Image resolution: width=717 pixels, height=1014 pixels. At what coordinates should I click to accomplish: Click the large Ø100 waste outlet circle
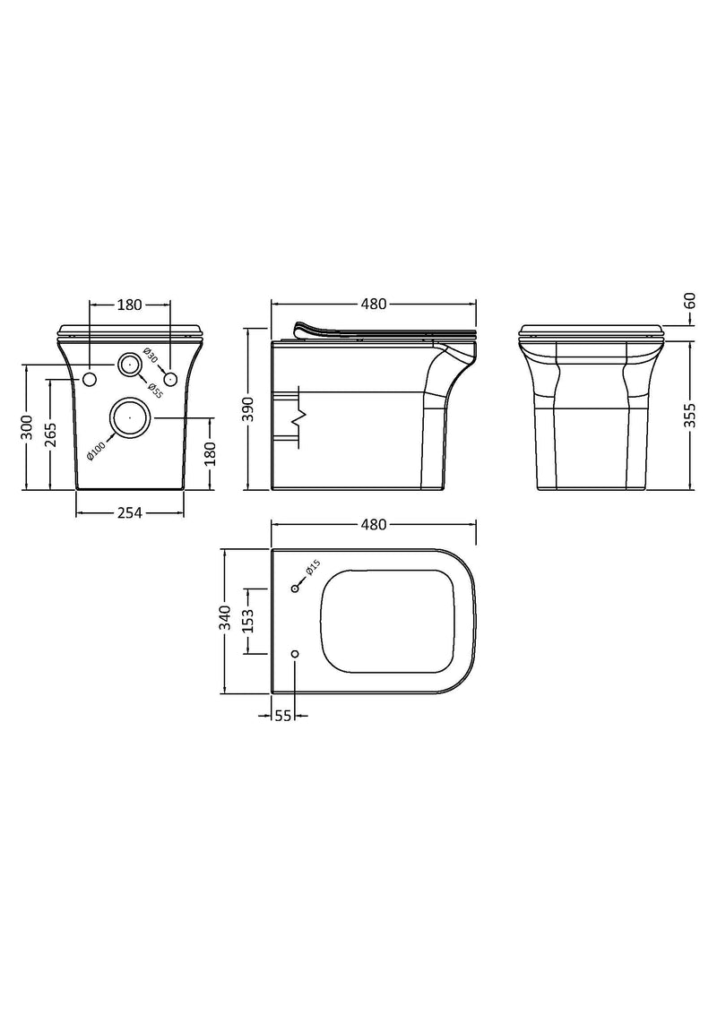130,417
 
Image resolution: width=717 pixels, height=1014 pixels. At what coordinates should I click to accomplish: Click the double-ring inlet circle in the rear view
130,365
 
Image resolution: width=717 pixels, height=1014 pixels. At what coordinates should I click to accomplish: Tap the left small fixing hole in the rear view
89,381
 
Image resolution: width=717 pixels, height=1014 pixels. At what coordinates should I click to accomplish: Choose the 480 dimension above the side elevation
373,304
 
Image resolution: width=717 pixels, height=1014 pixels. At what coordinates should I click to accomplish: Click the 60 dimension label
689,301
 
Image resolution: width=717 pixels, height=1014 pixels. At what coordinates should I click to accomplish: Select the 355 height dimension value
689,417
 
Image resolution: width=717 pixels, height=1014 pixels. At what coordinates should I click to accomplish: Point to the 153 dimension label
248,620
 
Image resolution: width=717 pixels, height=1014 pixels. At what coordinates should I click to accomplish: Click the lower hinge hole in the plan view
295,654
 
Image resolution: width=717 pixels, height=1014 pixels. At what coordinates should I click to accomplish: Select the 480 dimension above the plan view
373,525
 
